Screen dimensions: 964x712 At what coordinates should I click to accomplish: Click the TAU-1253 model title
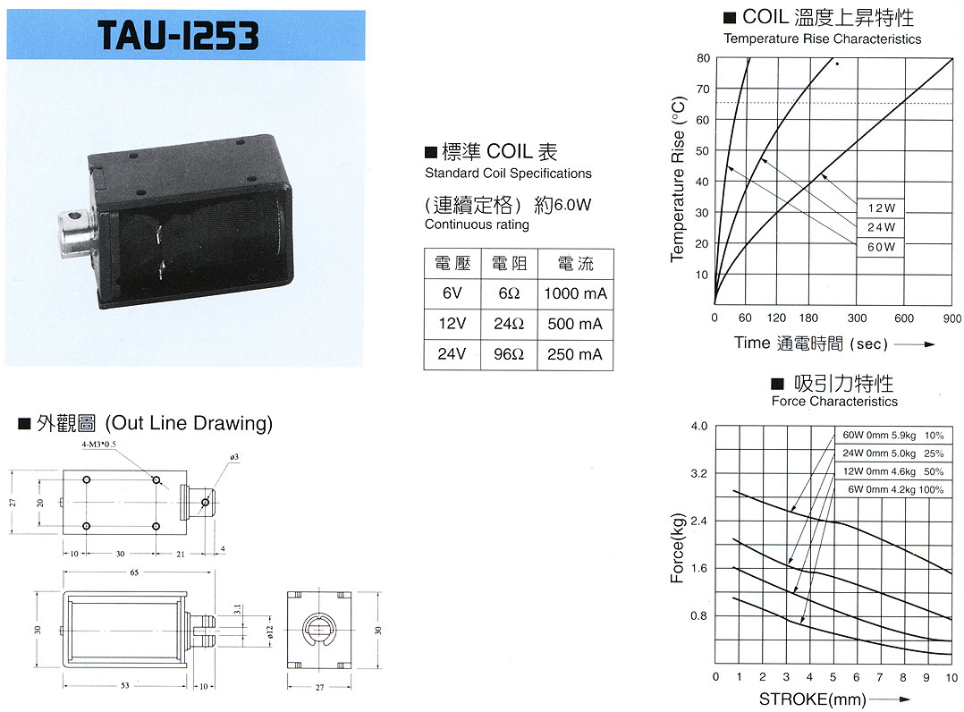(178, 35)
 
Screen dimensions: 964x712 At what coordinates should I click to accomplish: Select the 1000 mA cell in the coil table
(576, 293)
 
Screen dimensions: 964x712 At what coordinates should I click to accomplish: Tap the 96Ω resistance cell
(509, 354)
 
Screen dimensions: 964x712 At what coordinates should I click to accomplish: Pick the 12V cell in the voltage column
(452, 324)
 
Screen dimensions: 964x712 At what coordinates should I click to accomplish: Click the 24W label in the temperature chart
(881, 227)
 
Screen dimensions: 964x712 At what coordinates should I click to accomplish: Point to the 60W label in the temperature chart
(881, 247)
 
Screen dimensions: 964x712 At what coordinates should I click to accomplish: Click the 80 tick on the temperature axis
(703, 58)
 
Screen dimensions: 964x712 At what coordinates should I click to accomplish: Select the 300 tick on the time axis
(857, 318)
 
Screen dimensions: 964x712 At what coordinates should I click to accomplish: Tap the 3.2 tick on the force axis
(699, 473)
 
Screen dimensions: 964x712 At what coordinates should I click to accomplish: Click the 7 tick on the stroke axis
(880, 677)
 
